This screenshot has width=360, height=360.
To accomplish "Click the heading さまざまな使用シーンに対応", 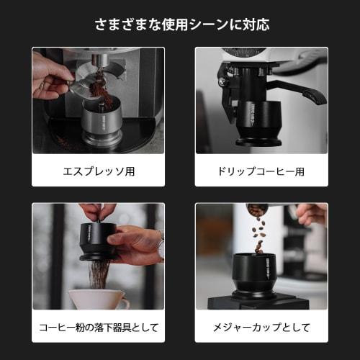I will (x=180, y=24).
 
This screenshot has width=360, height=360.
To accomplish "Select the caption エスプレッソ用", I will (x=98, y=172).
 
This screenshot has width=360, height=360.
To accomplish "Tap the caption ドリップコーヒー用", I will (x=261, y=172).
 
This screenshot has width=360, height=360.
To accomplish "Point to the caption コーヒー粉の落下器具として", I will (x=98, y=328).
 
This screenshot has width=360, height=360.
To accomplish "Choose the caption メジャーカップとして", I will (x=261, y=328).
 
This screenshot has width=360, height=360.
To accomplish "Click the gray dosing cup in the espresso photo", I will (x=102, y=115).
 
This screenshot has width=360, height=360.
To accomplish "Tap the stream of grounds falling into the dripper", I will (x=99, y=274).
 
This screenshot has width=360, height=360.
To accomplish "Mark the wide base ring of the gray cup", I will (x=102, y=137).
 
